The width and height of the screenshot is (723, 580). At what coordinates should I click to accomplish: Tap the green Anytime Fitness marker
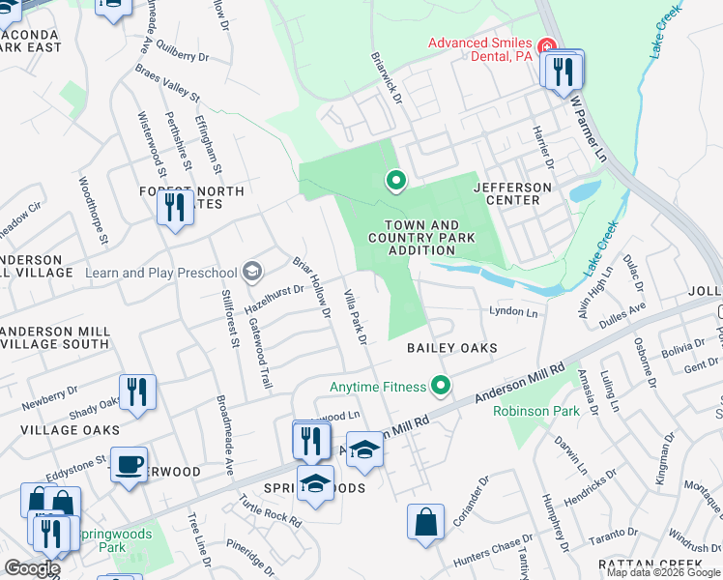click(442, 387)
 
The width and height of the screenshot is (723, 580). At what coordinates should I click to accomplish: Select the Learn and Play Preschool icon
click(253, 272)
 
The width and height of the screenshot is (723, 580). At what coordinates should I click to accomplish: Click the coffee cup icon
click(129, 465)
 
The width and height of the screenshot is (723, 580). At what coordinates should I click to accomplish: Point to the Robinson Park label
click(536, 411)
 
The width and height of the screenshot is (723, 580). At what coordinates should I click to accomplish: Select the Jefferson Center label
click(512, 193)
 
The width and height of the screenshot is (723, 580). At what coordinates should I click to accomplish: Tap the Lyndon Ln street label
click(513, 312)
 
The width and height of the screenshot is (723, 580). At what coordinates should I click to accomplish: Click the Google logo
click(32, 568)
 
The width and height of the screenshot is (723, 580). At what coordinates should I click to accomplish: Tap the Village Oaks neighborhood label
click(60, 430)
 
